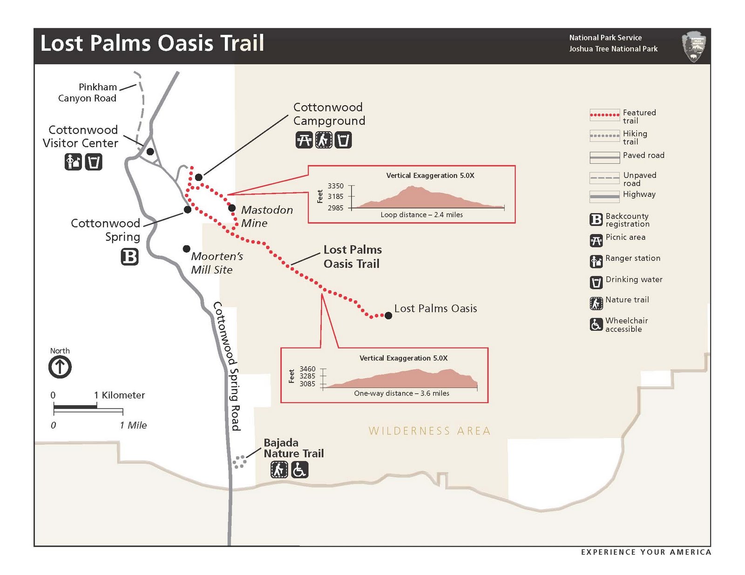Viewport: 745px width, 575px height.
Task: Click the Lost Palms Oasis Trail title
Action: click(152, 43)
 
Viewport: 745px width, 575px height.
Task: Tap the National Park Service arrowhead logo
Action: click(694, 47)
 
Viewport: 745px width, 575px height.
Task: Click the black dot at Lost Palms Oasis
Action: click(388, 316)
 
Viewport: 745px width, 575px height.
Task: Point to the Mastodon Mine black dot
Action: click(232, 208)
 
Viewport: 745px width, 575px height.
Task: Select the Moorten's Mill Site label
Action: click(217, 263)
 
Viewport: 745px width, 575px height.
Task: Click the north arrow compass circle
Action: click(60, 367)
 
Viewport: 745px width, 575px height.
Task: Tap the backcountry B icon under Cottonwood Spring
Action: click(130, 257)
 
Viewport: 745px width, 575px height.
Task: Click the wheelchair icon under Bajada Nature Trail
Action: click(299, 470)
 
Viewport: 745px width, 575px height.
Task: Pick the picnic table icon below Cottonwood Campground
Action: click(304, 140)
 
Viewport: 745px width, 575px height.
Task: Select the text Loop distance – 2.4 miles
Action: click(421, 215)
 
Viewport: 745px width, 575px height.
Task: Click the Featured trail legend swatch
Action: click(604, 115)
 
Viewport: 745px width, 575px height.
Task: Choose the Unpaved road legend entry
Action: click(639, 179)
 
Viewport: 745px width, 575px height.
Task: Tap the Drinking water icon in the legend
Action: click(596, 282)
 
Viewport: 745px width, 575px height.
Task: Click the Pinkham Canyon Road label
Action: click(88, 93)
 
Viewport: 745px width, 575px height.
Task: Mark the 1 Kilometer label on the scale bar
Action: click(120, 395)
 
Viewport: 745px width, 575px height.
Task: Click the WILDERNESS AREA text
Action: click(429, 431)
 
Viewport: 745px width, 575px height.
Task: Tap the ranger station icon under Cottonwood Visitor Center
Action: click(73, 162)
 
